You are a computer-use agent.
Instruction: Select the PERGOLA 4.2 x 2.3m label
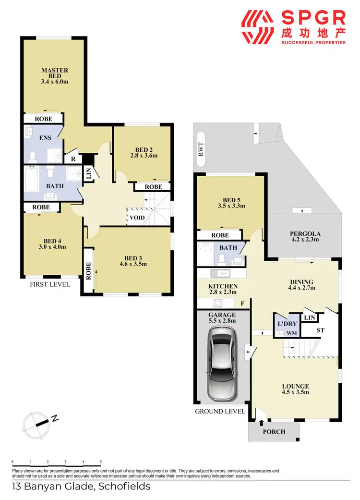pos(305,237)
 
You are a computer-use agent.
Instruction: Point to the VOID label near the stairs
pos(137,218)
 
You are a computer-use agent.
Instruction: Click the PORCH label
pos(274,431)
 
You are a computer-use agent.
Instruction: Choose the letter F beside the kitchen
pos(242,304)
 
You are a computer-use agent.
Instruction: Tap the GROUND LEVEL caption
pos(220,411)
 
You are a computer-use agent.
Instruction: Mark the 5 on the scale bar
pos(101,461)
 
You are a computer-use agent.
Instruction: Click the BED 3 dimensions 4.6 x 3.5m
pos(133,264)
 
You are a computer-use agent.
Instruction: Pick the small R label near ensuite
pos(73,158)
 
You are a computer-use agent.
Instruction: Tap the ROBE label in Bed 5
pos(220,235)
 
